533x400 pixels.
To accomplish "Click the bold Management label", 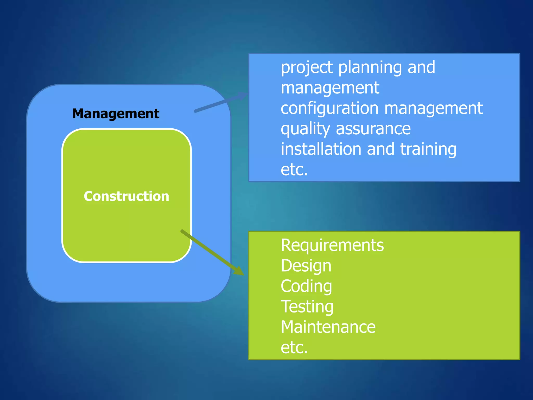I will coord(116,114).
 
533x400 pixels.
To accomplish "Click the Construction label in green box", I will coord(126,196).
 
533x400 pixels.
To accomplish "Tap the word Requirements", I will coord(332,245).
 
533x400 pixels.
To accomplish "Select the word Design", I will coord(306,266).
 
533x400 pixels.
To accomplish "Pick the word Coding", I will coord(306,286).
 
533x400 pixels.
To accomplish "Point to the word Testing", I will coord(307,307).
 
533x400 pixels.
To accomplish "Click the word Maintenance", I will coord(328,327).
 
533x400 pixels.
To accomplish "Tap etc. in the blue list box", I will coord(294,170).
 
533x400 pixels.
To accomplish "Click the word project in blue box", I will coord(307,68).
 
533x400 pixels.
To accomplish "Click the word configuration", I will coord(329,109).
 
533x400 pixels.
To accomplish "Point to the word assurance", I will coord(373,129).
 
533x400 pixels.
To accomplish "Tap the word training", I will coord(428,149).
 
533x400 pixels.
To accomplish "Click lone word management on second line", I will coord(330,88).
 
